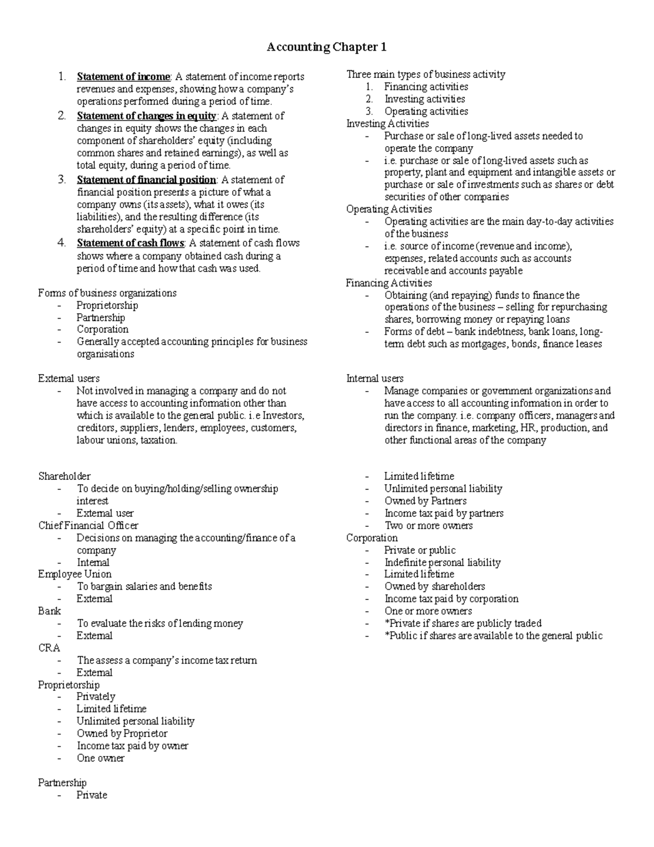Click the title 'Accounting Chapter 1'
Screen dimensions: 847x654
(x=326, y=47)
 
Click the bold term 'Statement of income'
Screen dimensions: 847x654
(x=124, y=77)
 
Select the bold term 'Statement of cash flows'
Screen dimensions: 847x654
(x=131, y=243)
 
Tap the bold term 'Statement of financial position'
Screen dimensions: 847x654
(x=146, y=180)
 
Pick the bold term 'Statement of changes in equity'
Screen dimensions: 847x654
(x=146, y=116)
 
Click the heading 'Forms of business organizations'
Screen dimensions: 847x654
(x=107, y=293)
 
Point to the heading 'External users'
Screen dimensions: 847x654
(x=69, y=379)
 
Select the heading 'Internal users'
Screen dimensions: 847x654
(x=375, y=379)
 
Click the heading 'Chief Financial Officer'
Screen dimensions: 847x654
(x=88, y=526)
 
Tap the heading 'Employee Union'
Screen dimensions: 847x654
(x=75, y=574)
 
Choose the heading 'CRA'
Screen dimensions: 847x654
(x=49, y=648)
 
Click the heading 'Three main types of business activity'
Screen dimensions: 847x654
(x=426, y=75)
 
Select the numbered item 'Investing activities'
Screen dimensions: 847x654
(x=425, y=99)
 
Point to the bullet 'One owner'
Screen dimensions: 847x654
(x=100, y=758)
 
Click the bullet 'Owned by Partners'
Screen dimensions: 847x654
(x=425, y=501)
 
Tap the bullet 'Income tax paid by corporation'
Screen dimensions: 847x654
(x=451, y=599)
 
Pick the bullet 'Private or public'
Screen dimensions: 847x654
(x=420, y=550)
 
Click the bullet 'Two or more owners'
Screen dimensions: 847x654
(x=428, y=526)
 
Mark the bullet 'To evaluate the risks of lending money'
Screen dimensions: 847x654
(x=160, y=623)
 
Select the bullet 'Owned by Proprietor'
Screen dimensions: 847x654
(x=122, y=734)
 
